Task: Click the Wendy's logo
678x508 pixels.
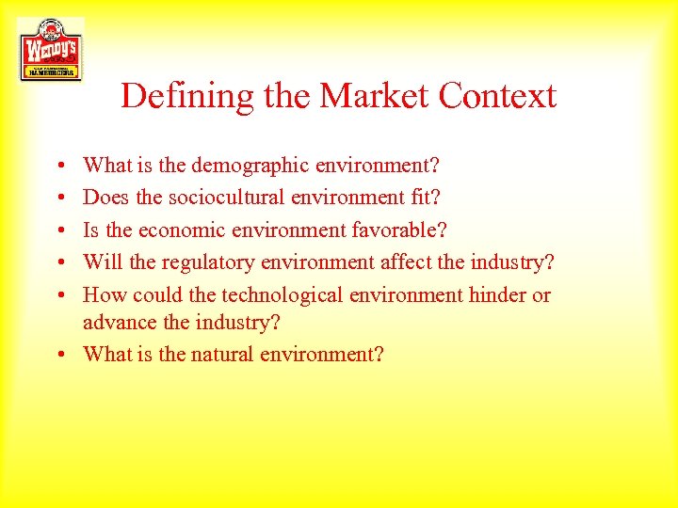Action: coord(51,49)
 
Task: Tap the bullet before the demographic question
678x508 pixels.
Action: coord(60,167)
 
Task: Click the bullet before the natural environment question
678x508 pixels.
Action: coord(60,356)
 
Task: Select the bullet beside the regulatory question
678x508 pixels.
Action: coord(60,263)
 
